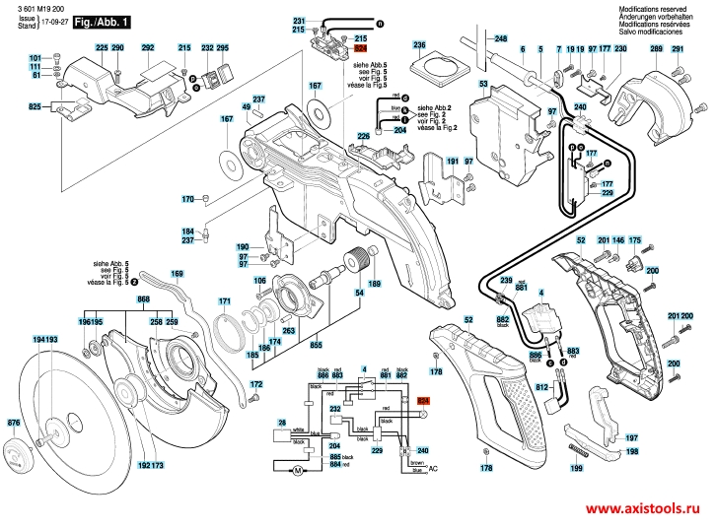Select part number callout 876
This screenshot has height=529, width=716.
(x=13, y=423)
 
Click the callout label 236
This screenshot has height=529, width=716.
(x=419, y=45)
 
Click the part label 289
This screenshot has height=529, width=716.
(x=657, y=47)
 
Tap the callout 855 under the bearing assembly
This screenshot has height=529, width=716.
(x=317, y=346)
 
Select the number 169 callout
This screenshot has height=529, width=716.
(x=177, y=274)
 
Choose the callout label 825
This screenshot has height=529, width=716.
(x=35, y=105)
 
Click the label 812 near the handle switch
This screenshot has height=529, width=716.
(x=541, y=387)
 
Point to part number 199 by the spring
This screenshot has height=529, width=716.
(x=576, y=469)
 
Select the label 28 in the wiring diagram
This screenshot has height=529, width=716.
(x=281, y=423)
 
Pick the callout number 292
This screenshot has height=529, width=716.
(x=148, y=48)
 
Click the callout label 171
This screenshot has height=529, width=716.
(x=225, y=300)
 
